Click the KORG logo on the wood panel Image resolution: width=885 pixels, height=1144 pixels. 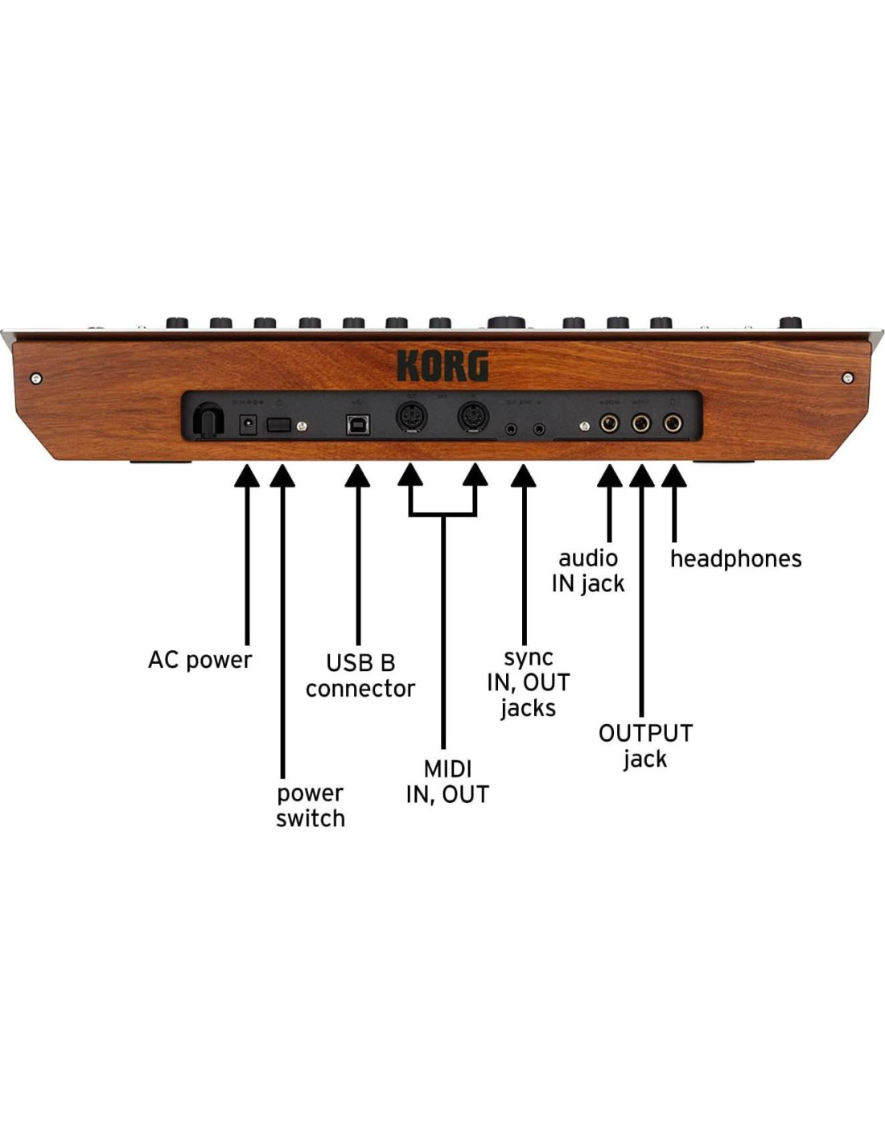tap(442, 366)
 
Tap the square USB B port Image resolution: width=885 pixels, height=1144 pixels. tap(357, 424)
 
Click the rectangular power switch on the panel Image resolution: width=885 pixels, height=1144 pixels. tap(278, 424)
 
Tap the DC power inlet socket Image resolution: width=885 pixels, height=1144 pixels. tap(248, 423)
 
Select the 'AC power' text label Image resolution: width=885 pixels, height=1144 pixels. tap(200, 660)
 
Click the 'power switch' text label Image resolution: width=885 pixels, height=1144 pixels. tap(310, 805)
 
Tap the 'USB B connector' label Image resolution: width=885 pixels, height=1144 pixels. tap(360, 676)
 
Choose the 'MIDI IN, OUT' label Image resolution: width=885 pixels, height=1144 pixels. tap(447, 781)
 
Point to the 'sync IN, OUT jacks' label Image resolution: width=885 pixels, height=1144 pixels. tap(528, 682)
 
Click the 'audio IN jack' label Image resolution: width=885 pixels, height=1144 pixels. tap(588, 570)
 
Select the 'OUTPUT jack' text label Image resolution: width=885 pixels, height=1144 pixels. tap(645, 745)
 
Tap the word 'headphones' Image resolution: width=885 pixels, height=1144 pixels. tap(735, 558)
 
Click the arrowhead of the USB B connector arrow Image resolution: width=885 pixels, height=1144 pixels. tap(358, 476)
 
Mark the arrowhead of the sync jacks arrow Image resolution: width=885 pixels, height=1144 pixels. tap(524, 476)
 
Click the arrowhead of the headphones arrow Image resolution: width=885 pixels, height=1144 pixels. tap(674, 476)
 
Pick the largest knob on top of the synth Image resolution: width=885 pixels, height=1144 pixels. tap(506, 323)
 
